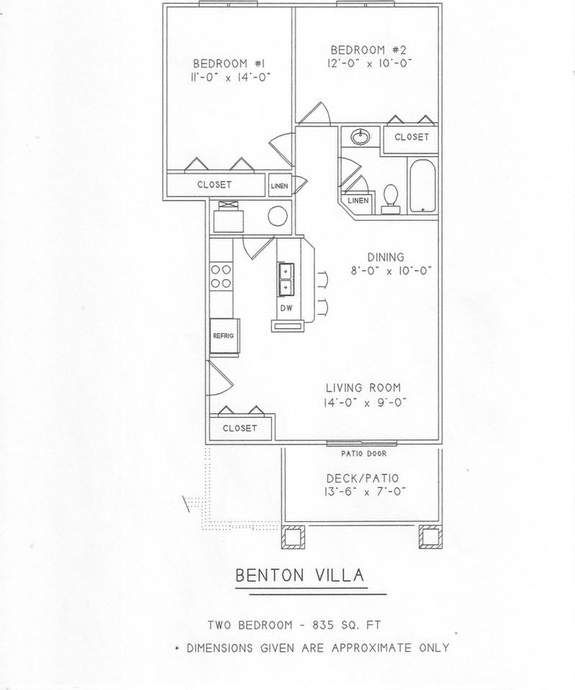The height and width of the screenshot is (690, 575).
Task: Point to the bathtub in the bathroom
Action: coord(424,187)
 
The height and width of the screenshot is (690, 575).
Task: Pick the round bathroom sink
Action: coord(361,137)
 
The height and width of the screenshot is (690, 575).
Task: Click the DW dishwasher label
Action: coord(286,308)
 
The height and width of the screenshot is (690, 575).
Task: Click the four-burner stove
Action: coord(221,277)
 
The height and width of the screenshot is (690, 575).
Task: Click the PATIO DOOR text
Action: coord(363,454)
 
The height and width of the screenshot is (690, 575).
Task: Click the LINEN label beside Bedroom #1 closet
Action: coord(280,186)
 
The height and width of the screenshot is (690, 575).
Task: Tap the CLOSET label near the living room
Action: coord(240,428)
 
